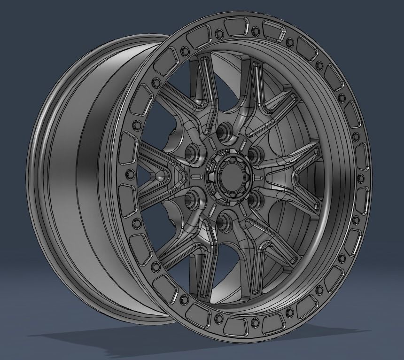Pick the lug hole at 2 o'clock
(254, 153)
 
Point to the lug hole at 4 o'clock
(254, 199)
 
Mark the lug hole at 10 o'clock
(193, 152)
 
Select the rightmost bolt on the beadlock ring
(360, 178)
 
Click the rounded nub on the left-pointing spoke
(162, 177)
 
